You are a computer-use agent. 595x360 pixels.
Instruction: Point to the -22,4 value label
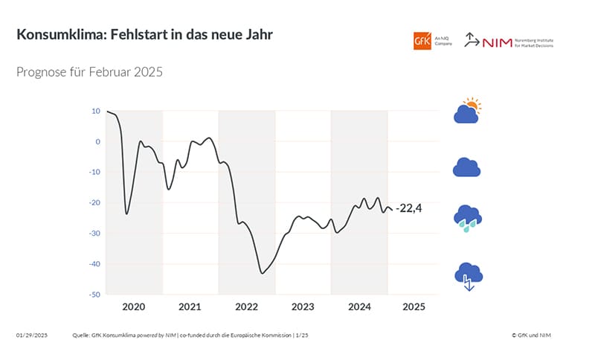click(409, 208)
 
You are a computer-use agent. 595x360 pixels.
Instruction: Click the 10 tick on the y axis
click(96, 111)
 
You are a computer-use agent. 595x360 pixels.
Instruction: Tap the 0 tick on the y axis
click(97, 141)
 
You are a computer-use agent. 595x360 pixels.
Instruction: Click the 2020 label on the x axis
click(133, 306)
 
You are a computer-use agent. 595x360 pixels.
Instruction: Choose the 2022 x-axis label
click(247, 306)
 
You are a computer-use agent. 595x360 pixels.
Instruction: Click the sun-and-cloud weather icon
click(468, 111)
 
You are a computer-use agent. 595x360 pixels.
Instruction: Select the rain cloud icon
click(468, 219)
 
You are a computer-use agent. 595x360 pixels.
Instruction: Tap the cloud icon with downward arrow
click(468, 276)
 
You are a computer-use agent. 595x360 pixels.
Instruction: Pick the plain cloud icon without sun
click(467, 167)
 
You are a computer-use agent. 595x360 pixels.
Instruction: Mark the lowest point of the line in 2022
click(263, 273)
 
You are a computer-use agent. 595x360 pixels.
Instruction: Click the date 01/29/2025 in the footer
click(31, 335)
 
